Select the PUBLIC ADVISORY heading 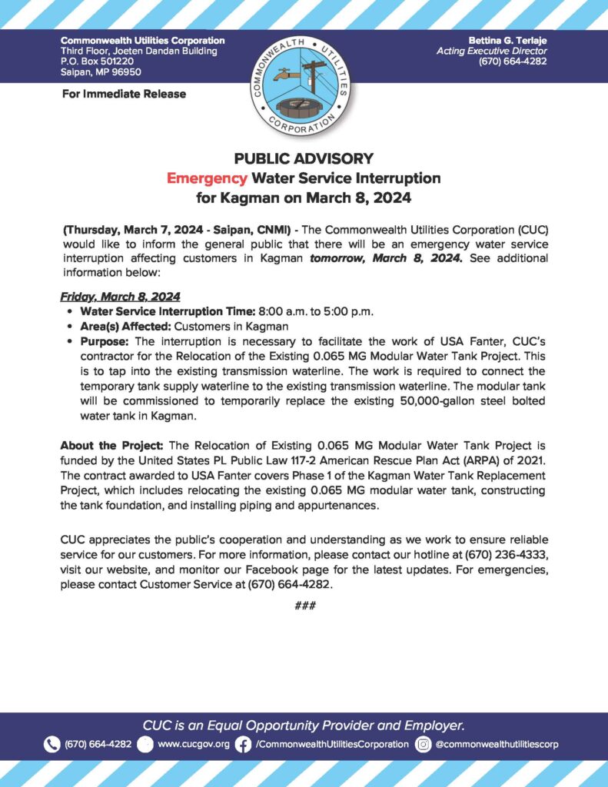pyautogui.click(x=304, y=159)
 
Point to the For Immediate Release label pyautogui.click(x=123, y=95)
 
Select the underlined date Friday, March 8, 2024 pyautogui.click(x=119, y=296)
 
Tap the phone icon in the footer pyautogui.click(x=52, y=744)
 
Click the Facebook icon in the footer pyautogui.click(x=243, y=744)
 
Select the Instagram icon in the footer pyautogui.click(x=423, y=744)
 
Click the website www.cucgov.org pyautogui.click(x=193, y=744)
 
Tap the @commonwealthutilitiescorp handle pyautogui.click(x=497, y=744)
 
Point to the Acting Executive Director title pyautogui.click(x=491, y=51)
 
